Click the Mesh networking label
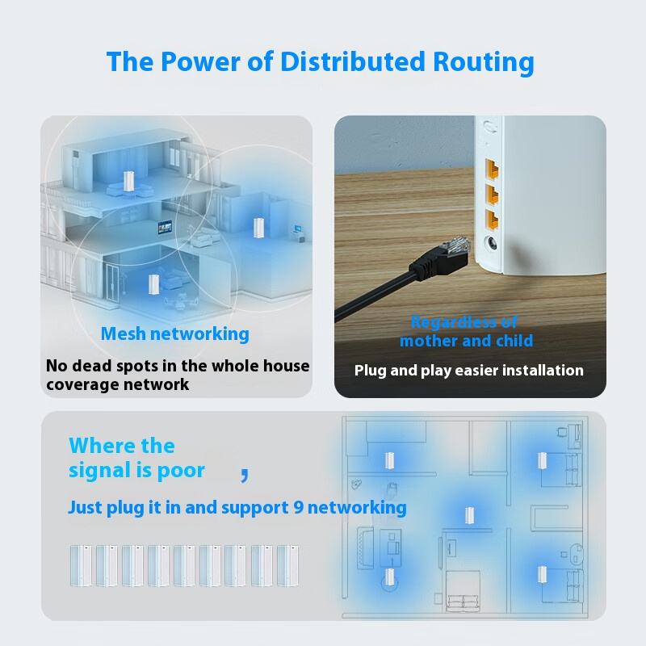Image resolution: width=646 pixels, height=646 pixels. (x=175, y=333)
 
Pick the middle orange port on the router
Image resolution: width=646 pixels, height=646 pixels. (x=489, y=195)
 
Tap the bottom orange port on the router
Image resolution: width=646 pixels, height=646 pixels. (x=489, y=219)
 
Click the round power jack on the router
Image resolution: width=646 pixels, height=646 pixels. (x=489, y=246)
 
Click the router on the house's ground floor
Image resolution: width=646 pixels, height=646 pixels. (x=153, y=284)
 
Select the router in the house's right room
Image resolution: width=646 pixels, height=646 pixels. (x=258, y=227)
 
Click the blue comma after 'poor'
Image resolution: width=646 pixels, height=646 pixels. (x=244, y=474)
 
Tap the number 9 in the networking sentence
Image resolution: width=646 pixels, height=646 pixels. (x=296, y=508)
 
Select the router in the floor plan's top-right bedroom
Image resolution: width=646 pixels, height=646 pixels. (x=543, y=460)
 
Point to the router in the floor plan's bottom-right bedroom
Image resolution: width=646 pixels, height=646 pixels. (x=543, y=574)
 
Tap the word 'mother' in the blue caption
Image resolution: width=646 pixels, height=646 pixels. (x=428, y=341)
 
